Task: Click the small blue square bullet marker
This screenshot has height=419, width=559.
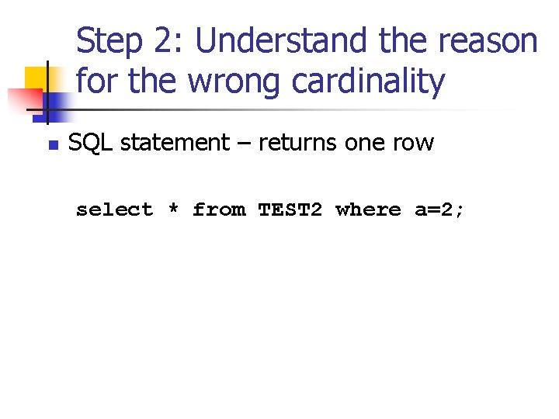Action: click(53, 145)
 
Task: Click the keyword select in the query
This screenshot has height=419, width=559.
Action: click(114, 209)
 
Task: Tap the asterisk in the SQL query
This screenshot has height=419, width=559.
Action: click(173, 209)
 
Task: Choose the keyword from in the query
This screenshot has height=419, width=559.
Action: click(218, 209)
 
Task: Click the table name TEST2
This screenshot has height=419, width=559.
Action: click(290, 209)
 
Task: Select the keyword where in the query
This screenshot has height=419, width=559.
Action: click(368, 209)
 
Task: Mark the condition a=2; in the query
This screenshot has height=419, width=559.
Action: click(439, 209)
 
